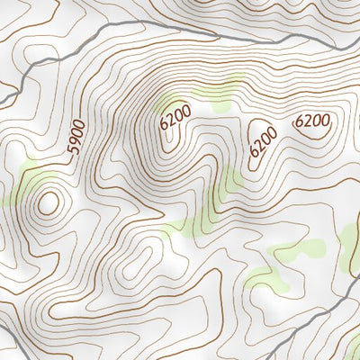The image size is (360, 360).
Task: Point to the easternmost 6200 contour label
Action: pos(312,121)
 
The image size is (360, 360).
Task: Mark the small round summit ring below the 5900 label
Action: pos(48,202)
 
